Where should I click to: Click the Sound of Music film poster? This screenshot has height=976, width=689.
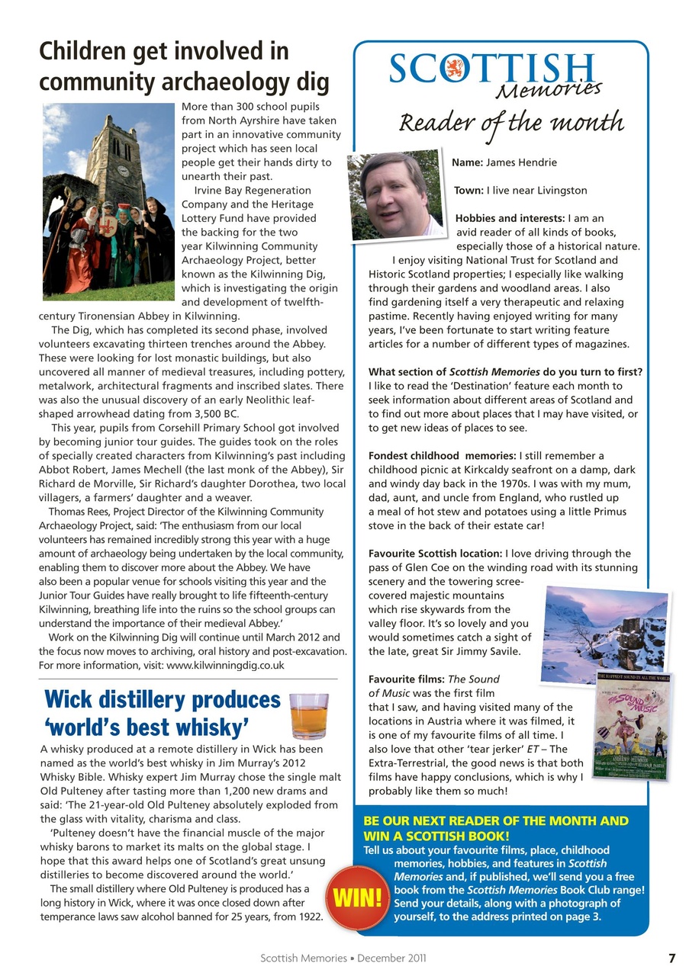[633, 725]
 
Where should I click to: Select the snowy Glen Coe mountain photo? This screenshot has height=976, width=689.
[604, 634]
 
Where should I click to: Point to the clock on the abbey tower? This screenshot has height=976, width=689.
[123, 170]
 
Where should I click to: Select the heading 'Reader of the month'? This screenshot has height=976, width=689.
[512, 122]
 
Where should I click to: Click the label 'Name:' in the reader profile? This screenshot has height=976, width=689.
[468, 162]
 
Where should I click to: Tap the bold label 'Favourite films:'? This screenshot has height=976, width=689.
[407, 679]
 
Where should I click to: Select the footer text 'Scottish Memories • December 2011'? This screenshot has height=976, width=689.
[344, 958]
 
